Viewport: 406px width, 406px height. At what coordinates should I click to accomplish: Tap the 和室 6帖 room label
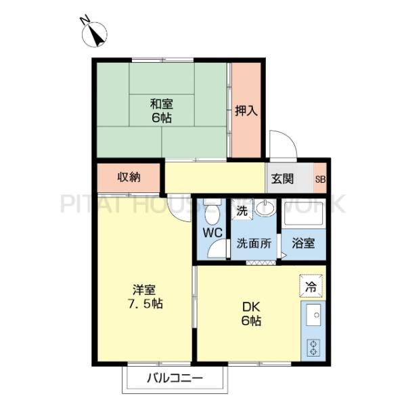pos(161,110)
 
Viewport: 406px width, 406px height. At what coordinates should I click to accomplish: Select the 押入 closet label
pos(246,110)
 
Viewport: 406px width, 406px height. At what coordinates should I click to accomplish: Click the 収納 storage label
pos(129,178)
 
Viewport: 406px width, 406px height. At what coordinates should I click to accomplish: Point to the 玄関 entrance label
pos(283,179)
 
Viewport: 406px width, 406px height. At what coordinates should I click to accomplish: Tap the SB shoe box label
pos(319,179)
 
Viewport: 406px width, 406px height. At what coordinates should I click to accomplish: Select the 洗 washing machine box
pos(242,210)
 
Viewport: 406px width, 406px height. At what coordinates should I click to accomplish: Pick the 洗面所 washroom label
pos(254,244)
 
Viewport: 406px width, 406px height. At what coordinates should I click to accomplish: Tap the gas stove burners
pos(314,346)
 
